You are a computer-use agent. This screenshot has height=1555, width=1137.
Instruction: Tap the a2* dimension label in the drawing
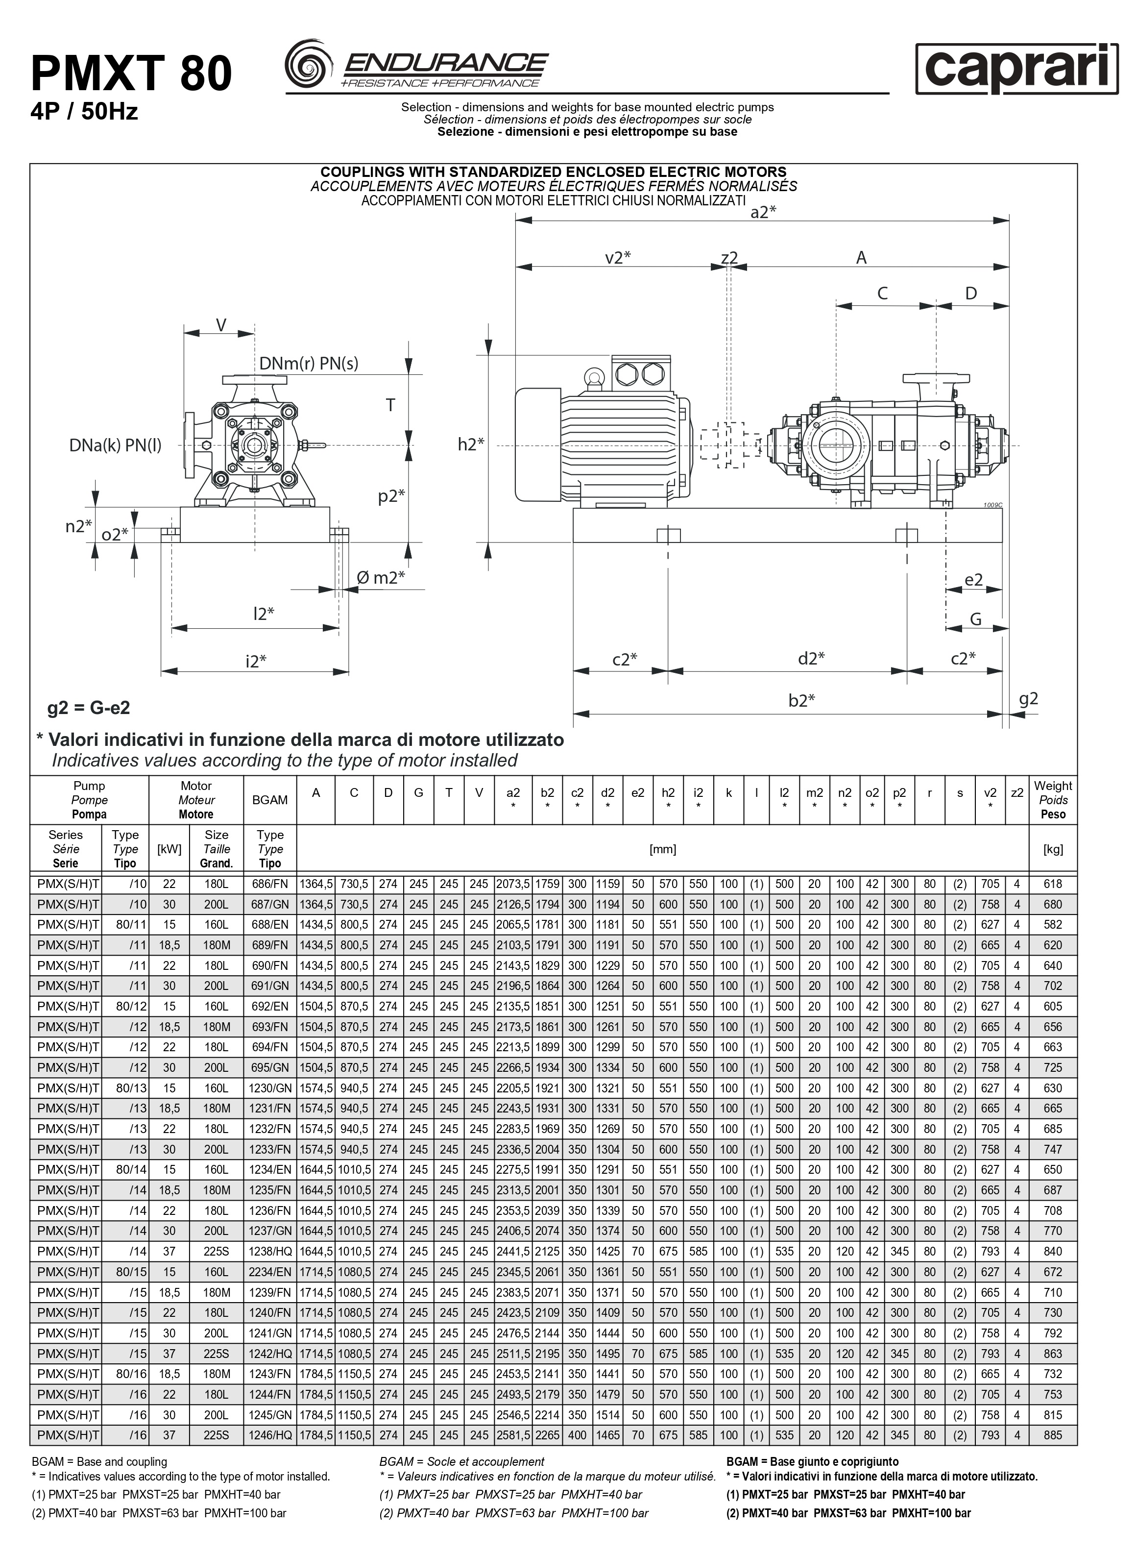pos(763,213)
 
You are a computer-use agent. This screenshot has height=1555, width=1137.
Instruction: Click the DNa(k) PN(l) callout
pos(115,445)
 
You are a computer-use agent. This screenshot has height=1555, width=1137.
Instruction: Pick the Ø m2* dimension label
pos(381,577)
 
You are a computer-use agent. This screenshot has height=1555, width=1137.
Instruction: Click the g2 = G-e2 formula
pos(89,708)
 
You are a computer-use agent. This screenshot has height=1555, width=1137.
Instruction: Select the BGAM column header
pos(270,800)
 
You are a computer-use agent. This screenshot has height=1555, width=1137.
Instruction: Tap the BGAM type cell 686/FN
pos(270,884)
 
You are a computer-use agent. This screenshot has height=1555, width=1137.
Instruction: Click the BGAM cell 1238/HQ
pos(270,1252)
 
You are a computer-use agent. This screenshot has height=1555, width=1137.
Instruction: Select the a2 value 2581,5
pos(513,1435)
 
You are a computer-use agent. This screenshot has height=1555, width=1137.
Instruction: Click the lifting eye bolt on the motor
pos(593,376)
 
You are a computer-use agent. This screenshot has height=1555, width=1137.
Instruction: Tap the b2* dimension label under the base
pos(802,701)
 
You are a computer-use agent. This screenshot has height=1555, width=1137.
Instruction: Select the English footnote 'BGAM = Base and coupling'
pos(100,1461)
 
